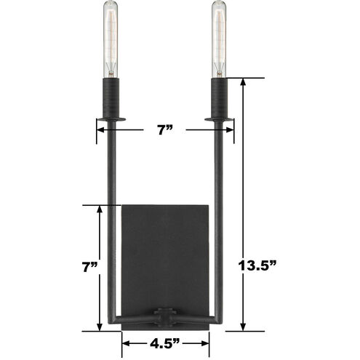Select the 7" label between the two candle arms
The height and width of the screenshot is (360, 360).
[165, 131]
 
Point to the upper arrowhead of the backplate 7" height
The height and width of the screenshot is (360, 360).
[98, 209]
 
